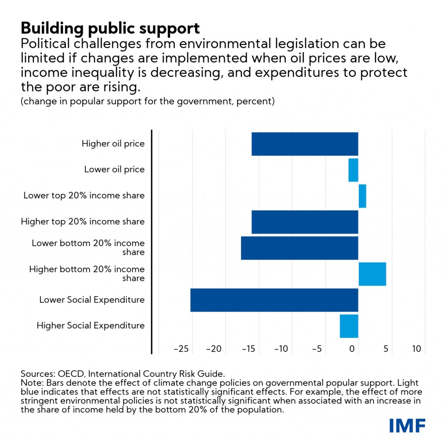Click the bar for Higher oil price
point(305,144)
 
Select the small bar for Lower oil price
point(353,170)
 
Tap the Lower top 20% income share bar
point(362,196)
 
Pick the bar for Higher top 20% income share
point(305,222)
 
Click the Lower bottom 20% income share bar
point(300,248)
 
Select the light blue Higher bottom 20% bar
point(372,274)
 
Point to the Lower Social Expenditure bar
point(274,300)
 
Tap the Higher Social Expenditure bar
point(349,326)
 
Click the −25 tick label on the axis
point(181,349)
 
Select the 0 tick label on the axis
point(352,349)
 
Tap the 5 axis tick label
point(385,349)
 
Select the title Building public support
point(110,29)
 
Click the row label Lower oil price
point(115,169)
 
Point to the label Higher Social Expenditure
point(91,325)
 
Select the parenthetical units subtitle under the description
point(147,102)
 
